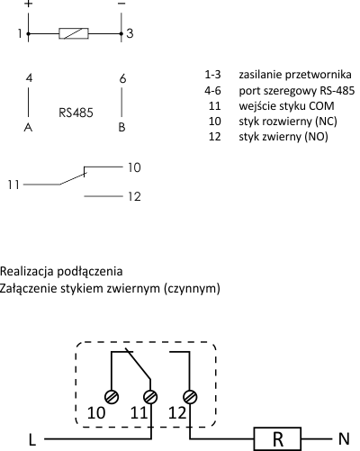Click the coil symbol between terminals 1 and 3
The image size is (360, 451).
[x=74, y=33]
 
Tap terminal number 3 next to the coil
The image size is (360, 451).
[x=130, y=33]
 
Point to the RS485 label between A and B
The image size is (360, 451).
[x=76, y=113]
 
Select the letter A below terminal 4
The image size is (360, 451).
[x=28, y=128]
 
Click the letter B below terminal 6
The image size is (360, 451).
[x=121, y=127]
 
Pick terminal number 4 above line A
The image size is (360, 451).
[x=29, y=78]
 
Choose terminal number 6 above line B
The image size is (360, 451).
[x=122, y=78]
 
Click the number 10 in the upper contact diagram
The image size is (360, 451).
[x=134, y=167]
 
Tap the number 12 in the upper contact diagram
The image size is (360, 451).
[x=134, y=196]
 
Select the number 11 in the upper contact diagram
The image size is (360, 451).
[x=13, y=185]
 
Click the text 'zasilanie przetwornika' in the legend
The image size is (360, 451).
[x=295, y=75]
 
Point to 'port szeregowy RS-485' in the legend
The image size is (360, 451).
[x=297, y=90]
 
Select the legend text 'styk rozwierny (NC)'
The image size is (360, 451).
[x=288, y=122]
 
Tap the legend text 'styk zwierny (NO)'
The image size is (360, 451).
[x=283, y=137]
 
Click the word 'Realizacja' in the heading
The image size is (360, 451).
[x=26, y=271]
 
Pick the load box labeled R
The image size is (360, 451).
[x=278, y=439]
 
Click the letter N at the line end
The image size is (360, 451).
[x=344, y=439]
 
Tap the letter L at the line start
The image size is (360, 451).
[x=32, y=440]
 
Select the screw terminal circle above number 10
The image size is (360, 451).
[x=112, y=397]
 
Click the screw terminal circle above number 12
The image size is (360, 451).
[x=190, y=397]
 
